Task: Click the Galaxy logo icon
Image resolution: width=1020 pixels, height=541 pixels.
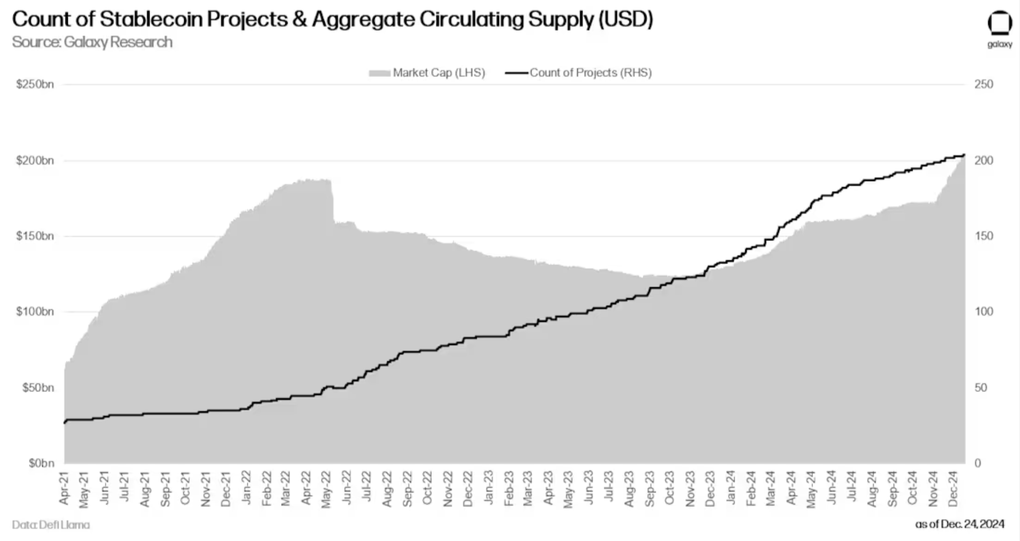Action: [999, 25]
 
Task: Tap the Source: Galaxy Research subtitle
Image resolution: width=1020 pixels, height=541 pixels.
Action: [92, 42]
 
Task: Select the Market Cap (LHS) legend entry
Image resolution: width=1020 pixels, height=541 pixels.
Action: [427, 73]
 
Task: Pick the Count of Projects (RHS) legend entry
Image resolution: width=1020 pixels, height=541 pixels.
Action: [579, 73]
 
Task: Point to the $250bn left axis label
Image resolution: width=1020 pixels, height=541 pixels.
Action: [35, 84]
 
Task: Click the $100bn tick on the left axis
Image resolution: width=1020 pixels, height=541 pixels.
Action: [35, 312]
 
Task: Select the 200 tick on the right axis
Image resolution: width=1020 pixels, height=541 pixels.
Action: [983, 161]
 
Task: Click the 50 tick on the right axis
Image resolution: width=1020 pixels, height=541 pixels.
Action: [981, 388]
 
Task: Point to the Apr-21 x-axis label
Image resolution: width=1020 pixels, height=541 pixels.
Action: [64, 488]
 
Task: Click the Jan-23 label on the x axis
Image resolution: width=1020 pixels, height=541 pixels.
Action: [488, 488]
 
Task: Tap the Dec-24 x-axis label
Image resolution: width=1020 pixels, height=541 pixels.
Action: [953, 488]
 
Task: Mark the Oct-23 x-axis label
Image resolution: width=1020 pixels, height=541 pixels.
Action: [669, 488]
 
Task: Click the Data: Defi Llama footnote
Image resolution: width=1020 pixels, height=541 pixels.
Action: [51, 525]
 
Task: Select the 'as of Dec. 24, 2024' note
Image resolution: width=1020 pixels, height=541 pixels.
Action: [959, 524]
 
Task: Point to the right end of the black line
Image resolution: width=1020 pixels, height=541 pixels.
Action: [964, 155]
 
